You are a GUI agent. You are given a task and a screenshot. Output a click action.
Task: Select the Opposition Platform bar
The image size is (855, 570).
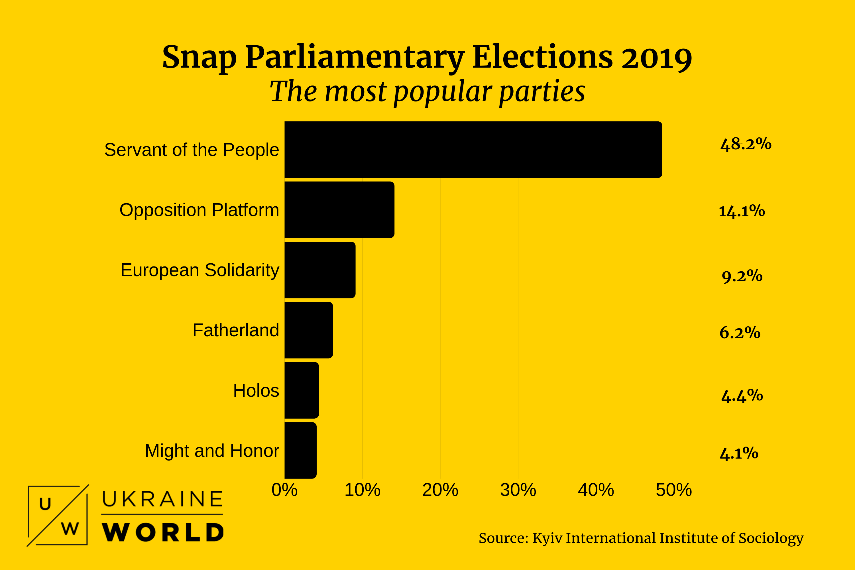point(339,210)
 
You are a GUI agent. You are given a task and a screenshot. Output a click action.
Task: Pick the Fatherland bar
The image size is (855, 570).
point(309,330)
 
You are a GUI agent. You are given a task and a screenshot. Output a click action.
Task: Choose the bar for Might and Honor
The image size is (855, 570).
point(300,450)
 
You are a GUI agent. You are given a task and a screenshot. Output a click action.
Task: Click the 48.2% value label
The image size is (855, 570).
point(746,144)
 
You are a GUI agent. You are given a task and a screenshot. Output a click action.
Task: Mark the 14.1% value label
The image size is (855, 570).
point(742,211)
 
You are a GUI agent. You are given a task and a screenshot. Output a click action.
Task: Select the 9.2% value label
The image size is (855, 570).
point(742,276)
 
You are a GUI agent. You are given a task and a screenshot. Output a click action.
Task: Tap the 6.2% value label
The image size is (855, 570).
point(740,333)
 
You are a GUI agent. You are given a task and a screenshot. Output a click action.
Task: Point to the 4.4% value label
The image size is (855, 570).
point(742,396)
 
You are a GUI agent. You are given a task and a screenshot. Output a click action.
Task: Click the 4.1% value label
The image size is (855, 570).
point(739,453)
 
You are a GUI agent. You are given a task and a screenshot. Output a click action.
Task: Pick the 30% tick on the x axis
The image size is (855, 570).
point(518,490)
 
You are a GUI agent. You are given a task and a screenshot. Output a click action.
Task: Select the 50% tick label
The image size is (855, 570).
point(674,490)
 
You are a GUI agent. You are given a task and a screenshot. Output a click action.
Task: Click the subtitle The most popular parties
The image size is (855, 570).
point(427,91)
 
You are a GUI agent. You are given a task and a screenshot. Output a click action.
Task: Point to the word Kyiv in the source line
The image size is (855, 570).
point(547,538)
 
